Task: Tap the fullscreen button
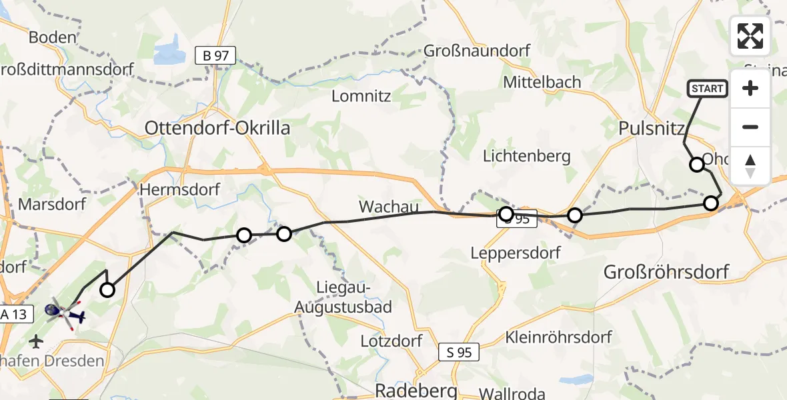click(750, 36)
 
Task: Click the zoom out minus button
click(750, 127)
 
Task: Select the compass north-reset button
click(750, 165)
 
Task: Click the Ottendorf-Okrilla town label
click(217, 128)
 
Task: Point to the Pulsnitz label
click(648, 128)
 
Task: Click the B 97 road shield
click(216, 56)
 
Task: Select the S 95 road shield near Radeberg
click(460, 353)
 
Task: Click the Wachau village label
click(388, 207)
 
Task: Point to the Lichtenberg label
click(527, 157)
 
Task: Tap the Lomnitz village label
click(361, 96)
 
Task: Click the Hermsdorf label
click(179, 190)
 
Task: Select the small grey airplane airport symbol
click(36, 342)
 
